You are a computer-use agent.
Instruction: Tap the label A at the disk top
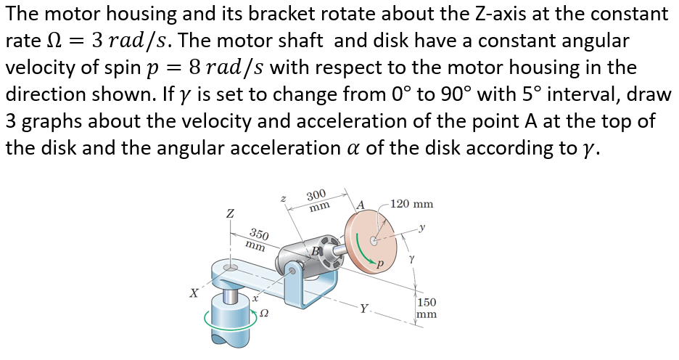360,205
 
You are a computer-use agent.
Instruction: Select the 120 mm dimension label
412,203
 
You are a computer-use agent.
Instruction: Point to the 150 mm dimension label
428,308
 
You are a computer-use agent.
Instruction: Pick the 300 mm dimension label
316,201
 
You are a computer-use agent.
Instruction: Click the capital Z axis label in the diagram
230,215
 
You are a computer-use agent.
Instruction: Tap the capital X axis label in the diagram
194,293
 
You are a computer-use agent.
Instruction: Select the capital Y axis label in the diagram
363,307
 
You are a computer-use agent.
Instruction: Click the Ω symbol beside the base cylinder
265,313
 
